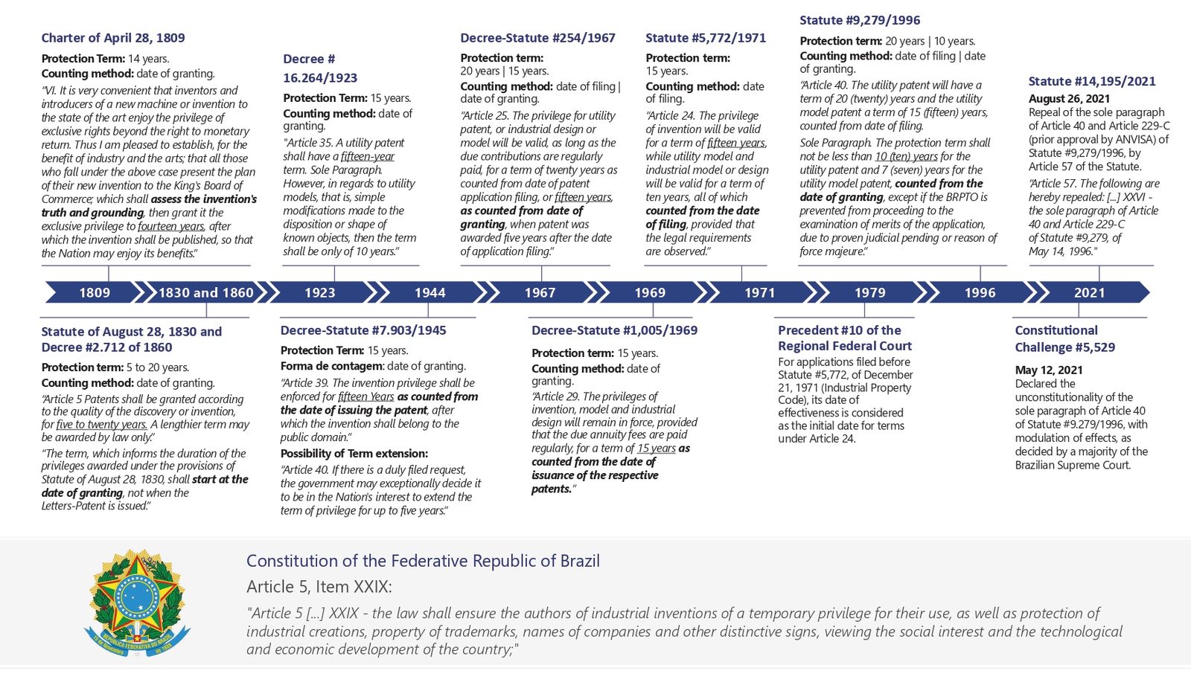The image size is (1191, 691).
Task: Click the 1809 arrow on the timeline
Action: (95, 292)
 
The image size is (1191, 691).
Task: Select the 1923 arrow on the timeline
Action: (319, 292)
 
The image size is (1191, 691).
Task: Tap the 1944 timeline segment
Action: (430, 292)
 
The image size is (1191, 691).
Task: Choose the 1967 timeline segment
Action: (540, 292)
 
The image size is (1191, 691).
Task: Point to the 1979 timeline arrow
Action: (869, 292)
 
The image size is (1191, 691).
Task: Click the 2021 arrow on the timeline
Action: (1089, 292)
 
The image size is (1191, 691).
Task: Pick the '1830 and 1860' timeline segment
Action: (205, 292)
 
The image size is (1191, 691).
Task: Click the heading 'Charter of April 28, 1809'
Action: (113, 38)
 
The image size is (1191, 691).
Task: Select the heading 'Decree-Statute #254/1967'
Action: (537, 38)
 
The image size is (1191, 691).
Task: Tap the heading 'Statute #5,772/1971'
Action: (705, 38)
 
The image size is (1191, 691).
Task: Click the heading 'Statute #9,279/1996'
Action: (860, 20)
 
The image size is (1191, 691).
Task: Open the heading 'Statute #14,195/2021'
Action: (1092, 81)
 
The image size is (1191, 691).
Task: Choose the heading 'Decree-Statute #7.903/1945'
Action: (363, 330)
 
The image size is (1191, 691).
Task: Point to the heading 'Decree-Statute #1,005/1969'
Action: (614, 330)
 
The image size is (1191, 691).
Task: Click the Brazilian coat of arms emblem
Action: (137, 601)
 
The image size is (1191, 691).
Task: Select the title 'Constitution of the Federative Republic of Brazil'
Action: (423, 561)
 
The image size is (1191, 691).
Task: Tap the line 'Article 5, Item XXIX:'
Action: (319, 587)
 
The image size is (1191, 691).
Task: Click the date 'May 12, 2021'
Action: (1049, 370)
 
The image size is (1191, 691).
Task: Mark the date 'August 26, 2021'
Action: (1069, 98)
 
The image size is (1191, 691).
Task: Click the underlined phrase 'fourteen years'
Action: (170, 226)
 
